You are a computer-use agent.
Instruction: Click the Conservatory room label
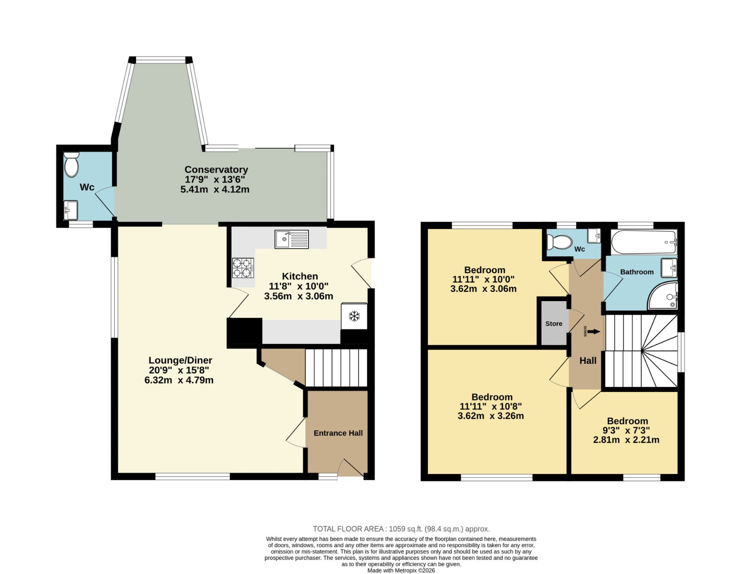coord(216,170)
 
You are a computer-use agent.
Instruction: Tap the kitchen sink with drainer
coord(292,239)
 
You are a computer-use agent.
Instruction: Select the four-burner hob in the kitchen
coord(243,268)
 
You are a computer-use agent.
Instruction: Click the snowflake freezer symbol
coord(354,316)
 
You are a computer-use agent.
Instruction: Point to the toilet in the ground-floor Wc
coord(72,164)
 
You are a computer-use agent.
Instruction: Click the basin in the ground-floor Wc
coord(70,210)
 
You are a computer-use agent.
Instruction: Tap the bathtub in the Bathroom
coord(644,242)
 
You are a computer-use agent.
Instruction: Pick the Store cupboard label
coord(554,324)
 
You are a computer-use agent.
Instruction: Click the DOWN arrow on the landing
coord(594,331)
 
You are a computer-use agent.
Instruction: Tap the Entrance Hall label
coord(338,433)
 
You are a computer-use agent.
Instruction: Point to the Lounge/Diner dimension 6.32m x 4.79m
coord(179,380)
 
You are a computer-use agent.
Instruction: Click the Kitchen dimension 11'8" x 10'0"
coord(299,286)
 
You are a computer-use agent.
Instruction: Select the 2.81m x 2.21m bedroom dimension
coord(627,440)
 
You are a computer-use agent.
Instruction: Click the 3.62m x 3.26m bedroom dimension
coord(491,416)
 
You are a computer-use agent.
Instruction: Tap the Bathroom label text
coord(637,272)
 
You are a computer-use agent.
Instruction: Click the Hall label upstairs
coord(588,360)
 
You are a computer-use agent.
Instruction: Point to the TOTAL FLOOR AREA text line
coord(402,529)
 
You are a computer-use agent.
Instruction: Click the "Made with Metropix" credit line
coord(402,570)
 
